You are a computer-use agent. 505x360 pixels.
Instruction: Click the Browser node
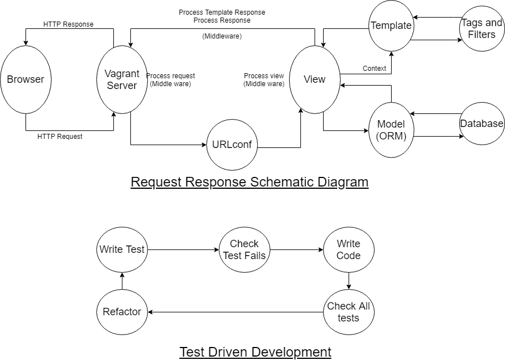26,79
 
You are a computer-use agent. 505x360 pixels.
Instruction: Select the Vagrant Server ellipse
122,79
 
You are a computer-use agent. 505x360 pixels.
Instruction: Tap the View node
315,79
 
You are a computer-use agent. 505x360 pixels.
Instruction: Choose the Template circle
391,26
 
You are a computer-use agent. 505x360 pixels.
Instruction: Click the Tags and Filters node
482,28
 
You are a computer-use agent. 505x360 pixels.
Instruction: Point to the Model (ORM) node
391,130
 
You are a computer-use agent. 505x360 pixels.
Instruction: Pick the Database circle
482,124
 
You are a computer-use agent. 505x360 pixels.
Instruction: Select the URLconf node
232,145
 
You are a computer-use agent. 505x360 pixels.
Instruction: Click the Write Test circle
122,249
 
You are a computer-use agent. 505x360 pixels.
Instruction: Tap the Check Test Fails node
244,249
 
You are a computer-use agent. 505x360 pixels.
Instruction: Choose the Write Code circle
349,249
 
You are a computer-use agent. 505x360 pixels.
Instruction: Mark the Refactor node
122,311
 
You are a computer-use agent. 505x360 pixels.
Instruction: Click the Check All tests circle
349,312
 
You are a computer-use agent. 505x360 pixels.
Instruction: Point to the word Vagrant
122,74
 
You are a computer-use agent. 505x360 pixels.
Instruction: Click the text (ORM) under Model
391,135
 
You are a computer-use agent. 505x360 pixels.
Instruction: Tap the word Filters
482,34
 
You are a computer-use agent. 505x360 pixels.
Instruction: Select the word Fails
255,255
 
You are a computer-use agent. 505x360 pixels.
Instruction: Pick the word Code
349,255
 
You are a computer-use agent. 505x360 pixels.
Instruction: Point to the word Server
122,86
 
